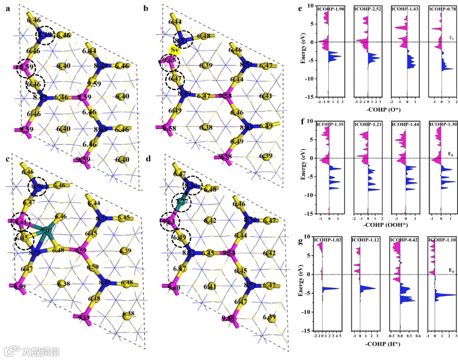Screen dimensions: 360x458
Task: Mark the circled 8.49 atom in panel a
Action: [45, 36]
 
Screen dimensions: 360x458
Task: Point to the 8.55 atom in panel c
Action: [36, 253]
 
